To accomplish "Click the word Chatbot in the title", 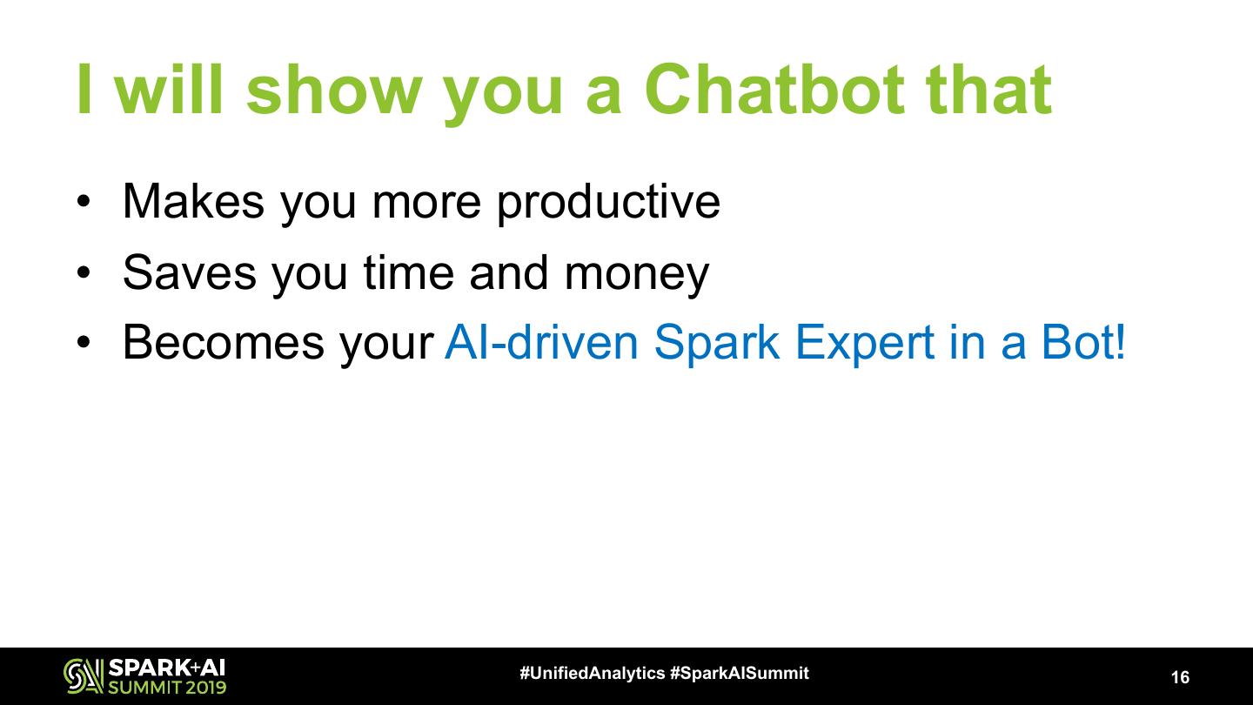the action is click(x=774, y=90).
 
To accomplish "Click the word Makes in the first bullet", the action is click(x=193, y=201).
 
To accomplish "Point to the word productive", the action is click(x=608, y=203).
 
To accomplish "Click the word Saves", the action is click(x=190, y=272).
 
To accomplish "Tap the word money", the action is click(x=637, y=275).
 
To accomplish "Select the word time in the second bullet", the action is click(x=409, y=272).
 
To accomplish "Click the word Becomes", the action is click(x=223, y=342).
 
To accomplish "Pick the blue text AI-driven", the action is click(x=541, y=342).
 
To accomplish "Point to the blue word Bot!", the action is click(x=1083, y=342).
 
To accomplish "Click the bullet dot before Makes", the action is click(x=84, y=202).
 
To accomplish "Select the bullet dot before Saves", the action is click(x=84, y=273).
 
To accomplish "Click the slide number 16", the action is click(x=1180, y=677).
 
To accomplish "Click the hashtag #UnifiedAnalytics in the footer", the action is click(x=593, y=673).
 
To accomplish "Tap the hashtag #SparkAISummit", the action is click(x=740, y=673).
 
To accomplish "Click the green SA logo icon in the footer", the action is click(x=84, y=676).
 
